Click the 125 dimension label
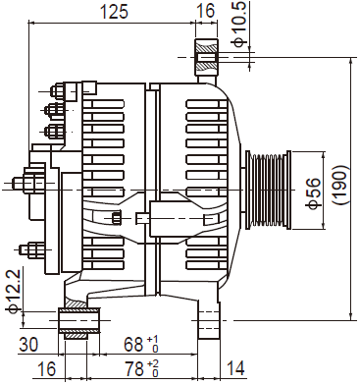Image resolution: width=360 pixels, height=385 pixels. click(114, 12)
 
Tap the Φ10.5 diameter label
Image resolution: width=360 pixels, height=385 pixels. click(239, 24)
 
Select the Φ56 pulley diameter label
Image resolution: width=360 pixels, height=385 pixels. click(313, 192)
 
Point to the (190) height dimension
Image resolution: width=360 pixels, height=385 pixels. click(340, 185)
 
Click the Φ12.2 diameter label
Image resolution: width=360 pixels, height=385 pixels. click(15, 291)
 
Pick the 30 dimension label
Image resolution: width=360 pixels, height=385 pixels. click(28, 344)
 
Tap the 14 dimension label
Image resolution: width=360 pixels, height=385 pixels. click(235, 368)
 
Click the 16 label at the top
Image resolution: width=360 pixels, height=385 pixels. click(206, 11)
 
